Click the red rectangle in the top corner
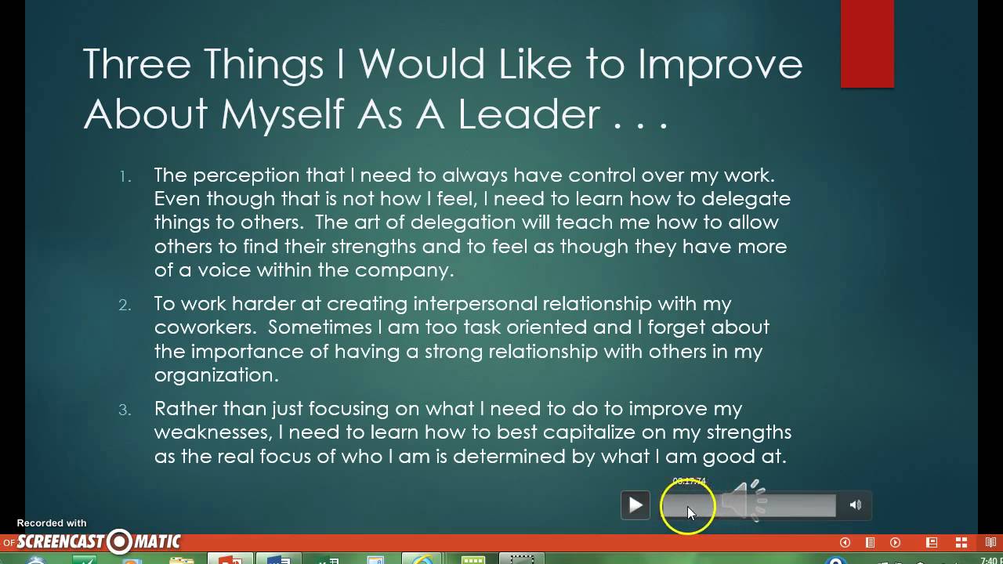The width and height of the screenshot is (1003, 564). pyautogui.click(x=867, y=44)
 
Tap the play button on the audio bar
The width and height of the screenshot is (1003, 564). pyautogui.click(x=635, y=505)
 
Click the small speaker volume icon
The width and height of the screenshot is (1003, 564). pyautogui.click(x=855, y=505)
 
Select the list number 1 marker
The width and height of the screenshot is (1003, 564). pyautogui.click(x=125, y=176)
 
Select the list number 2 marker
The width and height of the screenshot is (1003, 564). pyautogui.click(x=125, y=305)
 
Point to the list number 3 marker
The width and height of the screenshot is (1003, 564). pyautogui.click(x=125, y=410)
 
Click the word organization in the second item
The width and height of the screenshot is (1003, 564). pyautogui.click(x=216, y=375)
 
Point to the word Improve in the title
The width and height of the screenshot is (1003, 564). pyautogui.click(x=720, y=64)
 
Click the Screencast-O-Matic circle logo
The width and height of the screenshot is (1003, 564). pyautogui.click(x=120, y=541)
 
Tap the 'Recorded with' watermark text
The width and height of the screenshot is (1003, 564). pyautogui.click(x=52, y=523)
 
